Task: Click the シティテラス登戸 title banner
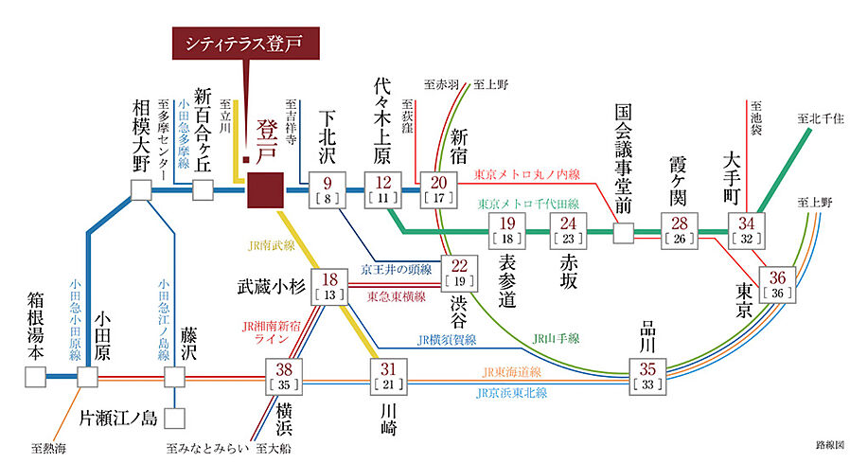click(245, 44)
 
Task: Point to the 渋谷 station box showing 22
click(460, 273)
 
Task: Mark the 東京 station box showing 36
click(778, 283)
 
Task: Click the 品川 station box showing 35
click(648, 377)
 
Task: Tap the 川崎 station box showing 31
click(388, 377)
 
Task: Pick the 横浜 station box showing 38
click(284, 377)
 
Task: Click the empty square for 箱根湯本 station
click(35, 377)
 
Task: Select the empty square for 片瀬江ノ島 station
click(175, 417)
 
